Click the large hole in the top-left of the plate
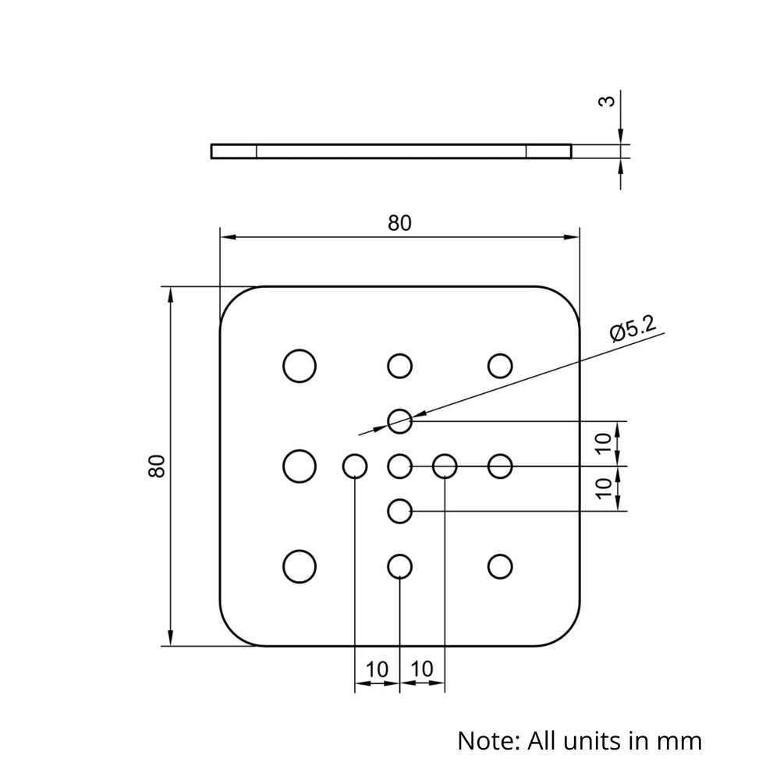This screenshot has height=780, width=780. (x=299, y=365)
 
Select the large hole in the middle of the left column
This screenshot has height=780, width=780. (x=299, y=466)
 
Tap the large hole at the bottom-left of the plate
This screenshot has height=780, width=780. (x=299, y=566)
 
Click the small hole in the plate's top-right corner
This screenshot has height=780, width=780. (x=500, y=365)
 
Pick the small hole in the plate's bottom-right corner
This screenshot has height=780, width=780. (x=500, y=566)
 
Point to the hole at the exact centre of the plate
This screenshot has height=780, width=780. (x=399, y=466)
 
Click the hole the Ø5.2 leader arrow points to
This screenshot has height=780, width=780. (x=399, y=421)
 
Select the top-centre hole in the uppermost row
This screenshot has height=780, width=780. (x=399, y=365)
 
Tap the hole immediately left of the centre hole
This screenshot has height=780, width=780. (x=355, y=466)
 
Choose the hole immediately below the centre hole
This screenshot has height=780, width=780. (x=399, y=512)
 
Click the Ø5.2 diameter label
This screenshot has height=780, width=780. (x=633, y=329)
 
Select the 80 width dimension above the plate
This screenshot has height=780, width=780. (x=399, y=223)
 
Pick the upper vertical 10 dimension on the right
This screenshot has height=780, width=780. (x=604, y=444)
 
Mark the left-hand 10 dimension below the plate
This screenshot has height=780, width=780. (x=377, y=669)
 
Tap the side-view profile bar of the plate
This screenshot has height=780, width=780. (x=391, y=151)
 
